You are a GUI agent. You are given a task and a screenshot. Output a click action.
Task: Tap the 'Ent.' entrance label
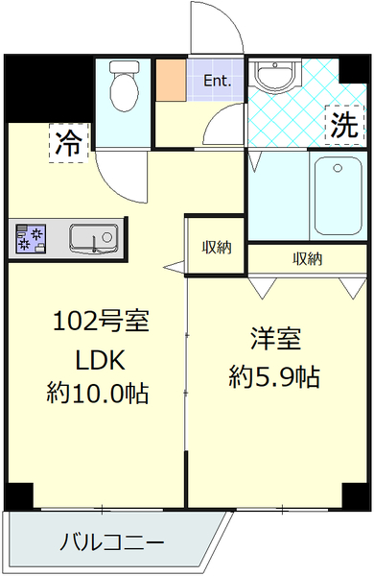click(x=218, y=82)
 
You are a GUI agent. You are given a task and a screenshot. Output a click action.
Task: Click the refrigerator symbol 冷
click(x=67, y=143)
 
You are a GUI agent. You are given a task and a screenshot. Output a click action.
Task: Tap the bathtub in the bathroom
click(x=337, y=196)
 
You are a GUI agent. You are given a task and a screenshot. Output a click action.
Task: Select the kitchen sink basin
click(x=93, y=236)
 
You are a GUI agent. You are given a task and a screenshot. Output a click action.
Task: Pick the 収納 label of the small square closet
click(x=216, y=247)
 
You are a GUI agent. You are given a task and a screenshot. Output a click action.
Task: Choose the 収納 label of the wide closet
click(x=307, y=258)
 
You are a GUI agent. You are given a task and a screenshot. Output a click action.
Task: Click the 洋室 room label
click(x=275, y=339)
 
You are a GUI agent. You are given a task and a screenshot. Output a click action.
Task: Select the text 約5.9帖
click(x=275, y=376)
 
